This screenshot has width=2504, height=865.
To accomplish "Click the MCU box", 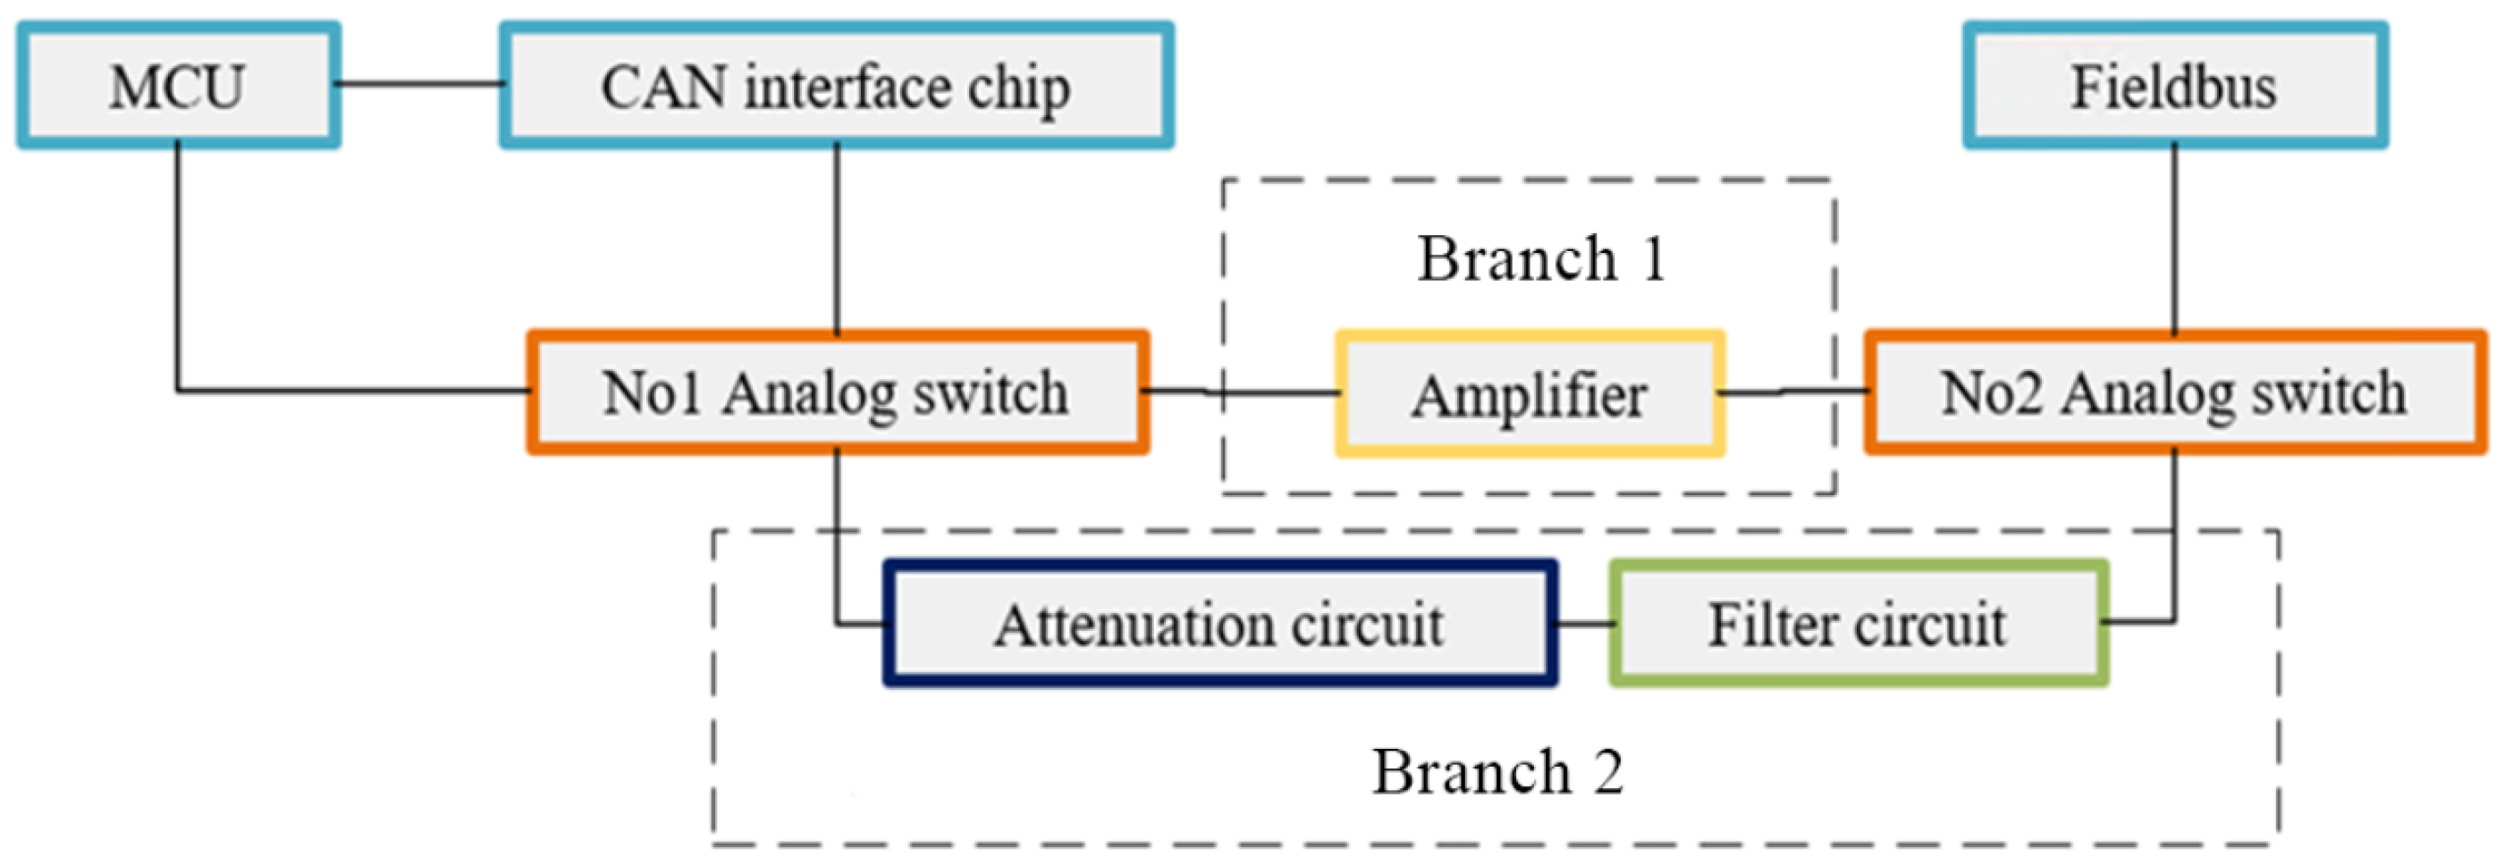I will click(178, 86).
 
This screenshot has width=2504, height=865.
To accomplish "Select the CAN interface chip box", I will click(836, 86).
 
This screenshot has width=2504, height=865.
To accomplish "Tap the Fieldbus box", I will click(2173, 86).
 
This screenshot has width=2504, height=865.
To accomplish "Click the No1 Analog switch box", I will click(837, 392).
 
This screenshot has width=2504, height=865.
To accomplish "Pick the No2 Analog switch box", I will click(2173, 392).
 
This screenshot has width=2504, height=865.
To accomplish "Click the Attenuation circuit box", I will click(1219, 623).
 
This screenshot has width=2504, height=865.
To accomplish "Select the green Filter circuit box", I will click(1858, 623).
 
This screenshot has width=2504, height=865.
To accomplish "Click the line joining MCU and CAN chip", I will click(419, 85).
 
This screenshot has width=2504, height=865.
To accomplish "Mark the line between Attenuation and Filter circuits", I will click(1582, 623).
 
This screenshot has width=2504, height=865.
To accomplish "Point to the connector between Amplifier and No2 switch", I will click(1793, 391).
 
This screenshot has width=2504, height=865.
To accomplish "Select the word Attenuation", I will click(1127, 623).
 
